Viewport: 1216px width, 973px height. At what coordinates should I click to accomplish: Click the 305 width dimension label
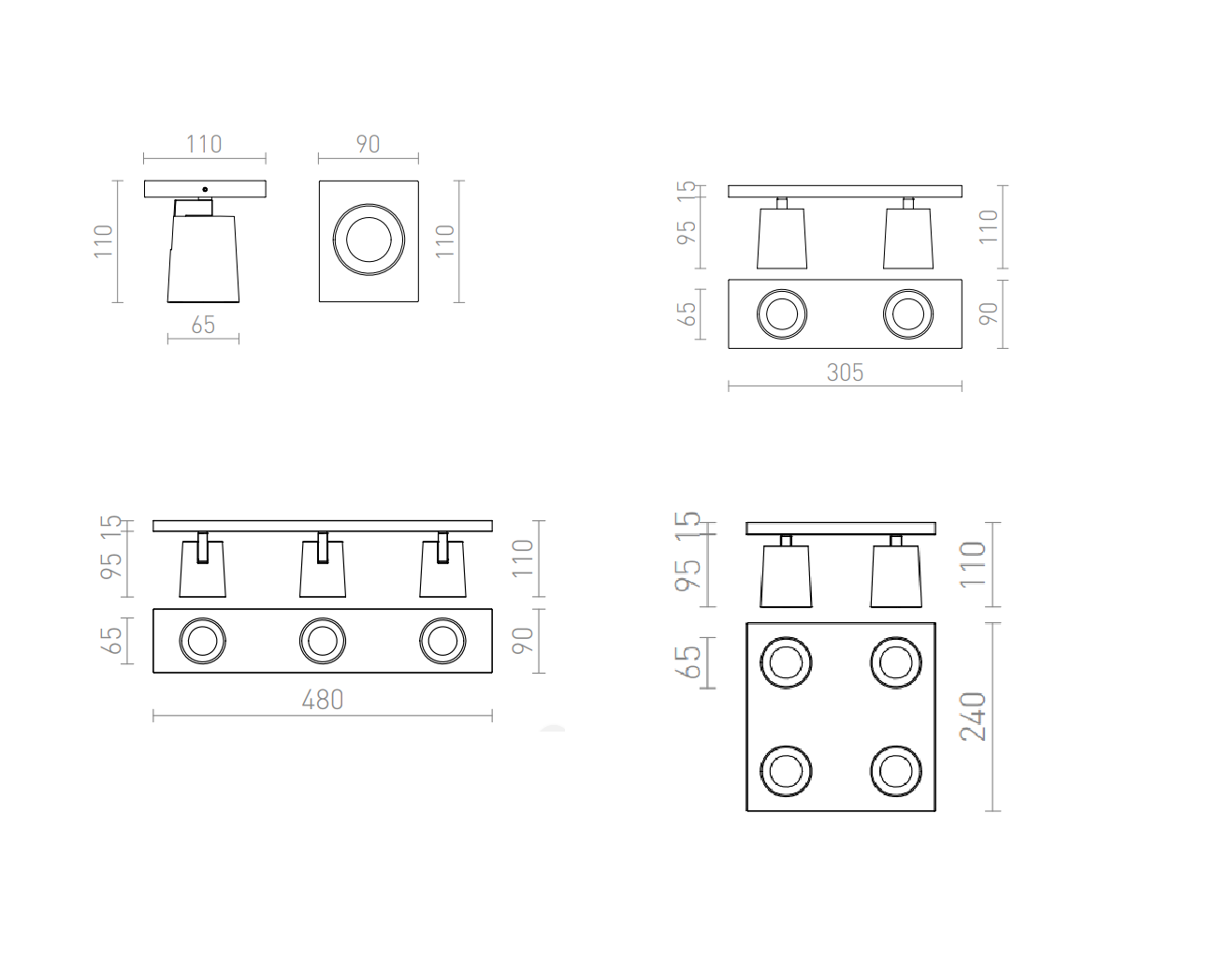click(845, 372)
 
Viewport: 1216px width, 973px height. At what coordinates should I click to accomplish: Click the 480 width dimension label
click(323, 700)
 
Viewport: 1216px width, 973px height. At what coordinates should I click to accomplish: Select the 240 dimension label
click(973, 717)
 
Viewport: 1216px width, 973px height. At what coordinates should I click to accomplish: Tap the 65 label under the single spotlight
click(203, 325)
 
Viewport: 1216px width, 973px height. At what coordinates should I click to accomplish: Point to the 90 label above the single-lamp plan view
click(368, 144)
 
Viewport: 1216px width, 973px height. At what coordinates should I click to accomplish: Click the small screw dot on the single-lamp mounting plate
click(205, 189)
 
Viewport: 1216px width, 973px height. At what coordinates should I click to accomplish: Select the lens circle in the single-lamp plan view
click(369, 240)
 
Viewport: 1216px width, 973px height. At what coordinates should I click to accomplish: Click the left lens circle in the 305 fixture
click(782, 314)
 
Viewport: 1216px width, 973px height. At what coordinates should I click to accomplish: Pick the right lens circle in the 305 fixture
click(908, 314)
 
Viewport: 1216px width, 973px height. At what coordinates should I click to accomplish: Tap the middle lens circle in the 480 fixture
click(323, 641)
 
